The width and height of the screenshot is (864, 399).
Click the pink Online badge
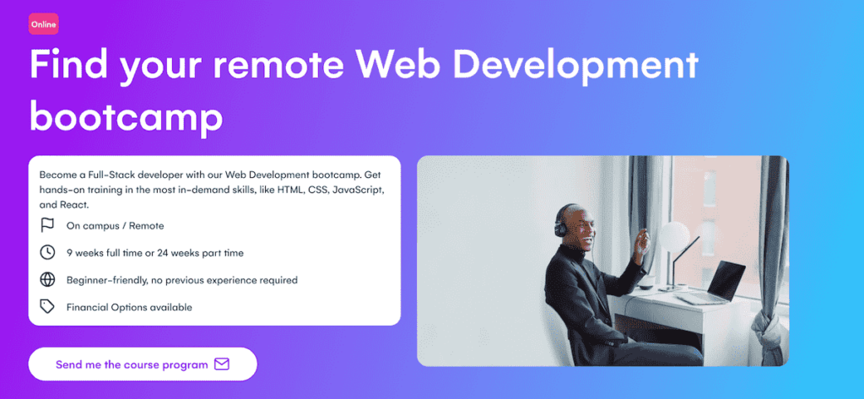(x=43, y=24)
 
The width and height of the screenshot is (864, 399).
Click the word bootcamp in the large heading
(x=127, y=117)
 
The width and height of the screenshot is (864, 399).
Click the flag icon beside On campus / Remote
(x=47, y=225)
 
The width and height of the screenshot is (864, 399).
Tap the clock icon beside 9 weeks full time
(x=47, y=252)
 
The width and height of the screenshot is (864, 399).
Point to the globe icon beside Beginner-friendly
(x=47, y=279)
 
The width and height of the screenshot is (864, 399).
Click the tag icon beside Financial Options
(x=47, y=307)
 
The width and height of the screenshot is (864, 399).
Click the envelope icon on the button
(x=222, y=364)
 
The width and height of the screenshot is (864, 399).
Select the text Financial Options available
(x=129, y=307)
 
